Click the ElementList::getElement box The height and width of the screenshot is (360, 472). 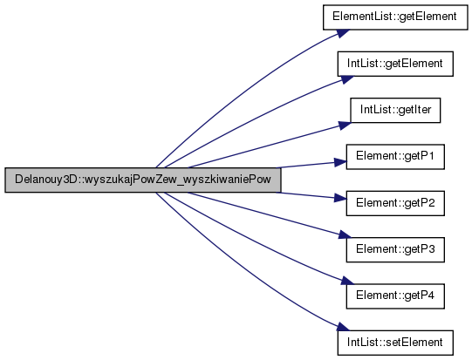pos(395,17)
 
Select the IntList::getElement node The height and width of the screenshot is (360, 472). pos(395,64)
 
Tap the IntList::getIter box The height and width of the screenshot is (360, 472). pos(395,110)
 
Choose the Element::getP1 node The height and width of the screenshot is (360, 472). pos(395,157)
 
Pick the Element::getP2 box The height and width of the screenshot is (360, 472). pos(395,203)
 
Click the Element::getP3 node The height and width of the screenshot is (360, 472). pos(395,249)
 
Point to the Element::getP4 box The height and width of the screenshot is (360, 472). pos(395,296)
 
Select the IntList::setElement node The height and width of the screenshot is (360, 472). pos(395,343)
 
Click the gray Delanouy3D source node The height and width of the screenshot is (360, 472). pos(143,180)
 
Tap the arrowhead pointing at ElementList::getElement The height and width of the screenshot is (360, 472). pos(343,33)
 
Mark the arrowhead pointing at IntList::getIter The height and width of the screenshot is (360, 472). pos(345,125)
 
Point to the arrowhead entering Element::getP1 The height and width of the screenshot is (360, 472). pos(340,162)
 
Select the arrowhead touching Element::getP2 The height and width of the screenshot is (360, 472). pos(340,198)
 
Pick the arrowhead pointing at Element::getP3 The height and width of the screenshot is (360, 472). pos(345,235)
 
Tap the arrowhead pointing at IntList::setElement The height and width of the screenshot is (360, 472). pos(343,327)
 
